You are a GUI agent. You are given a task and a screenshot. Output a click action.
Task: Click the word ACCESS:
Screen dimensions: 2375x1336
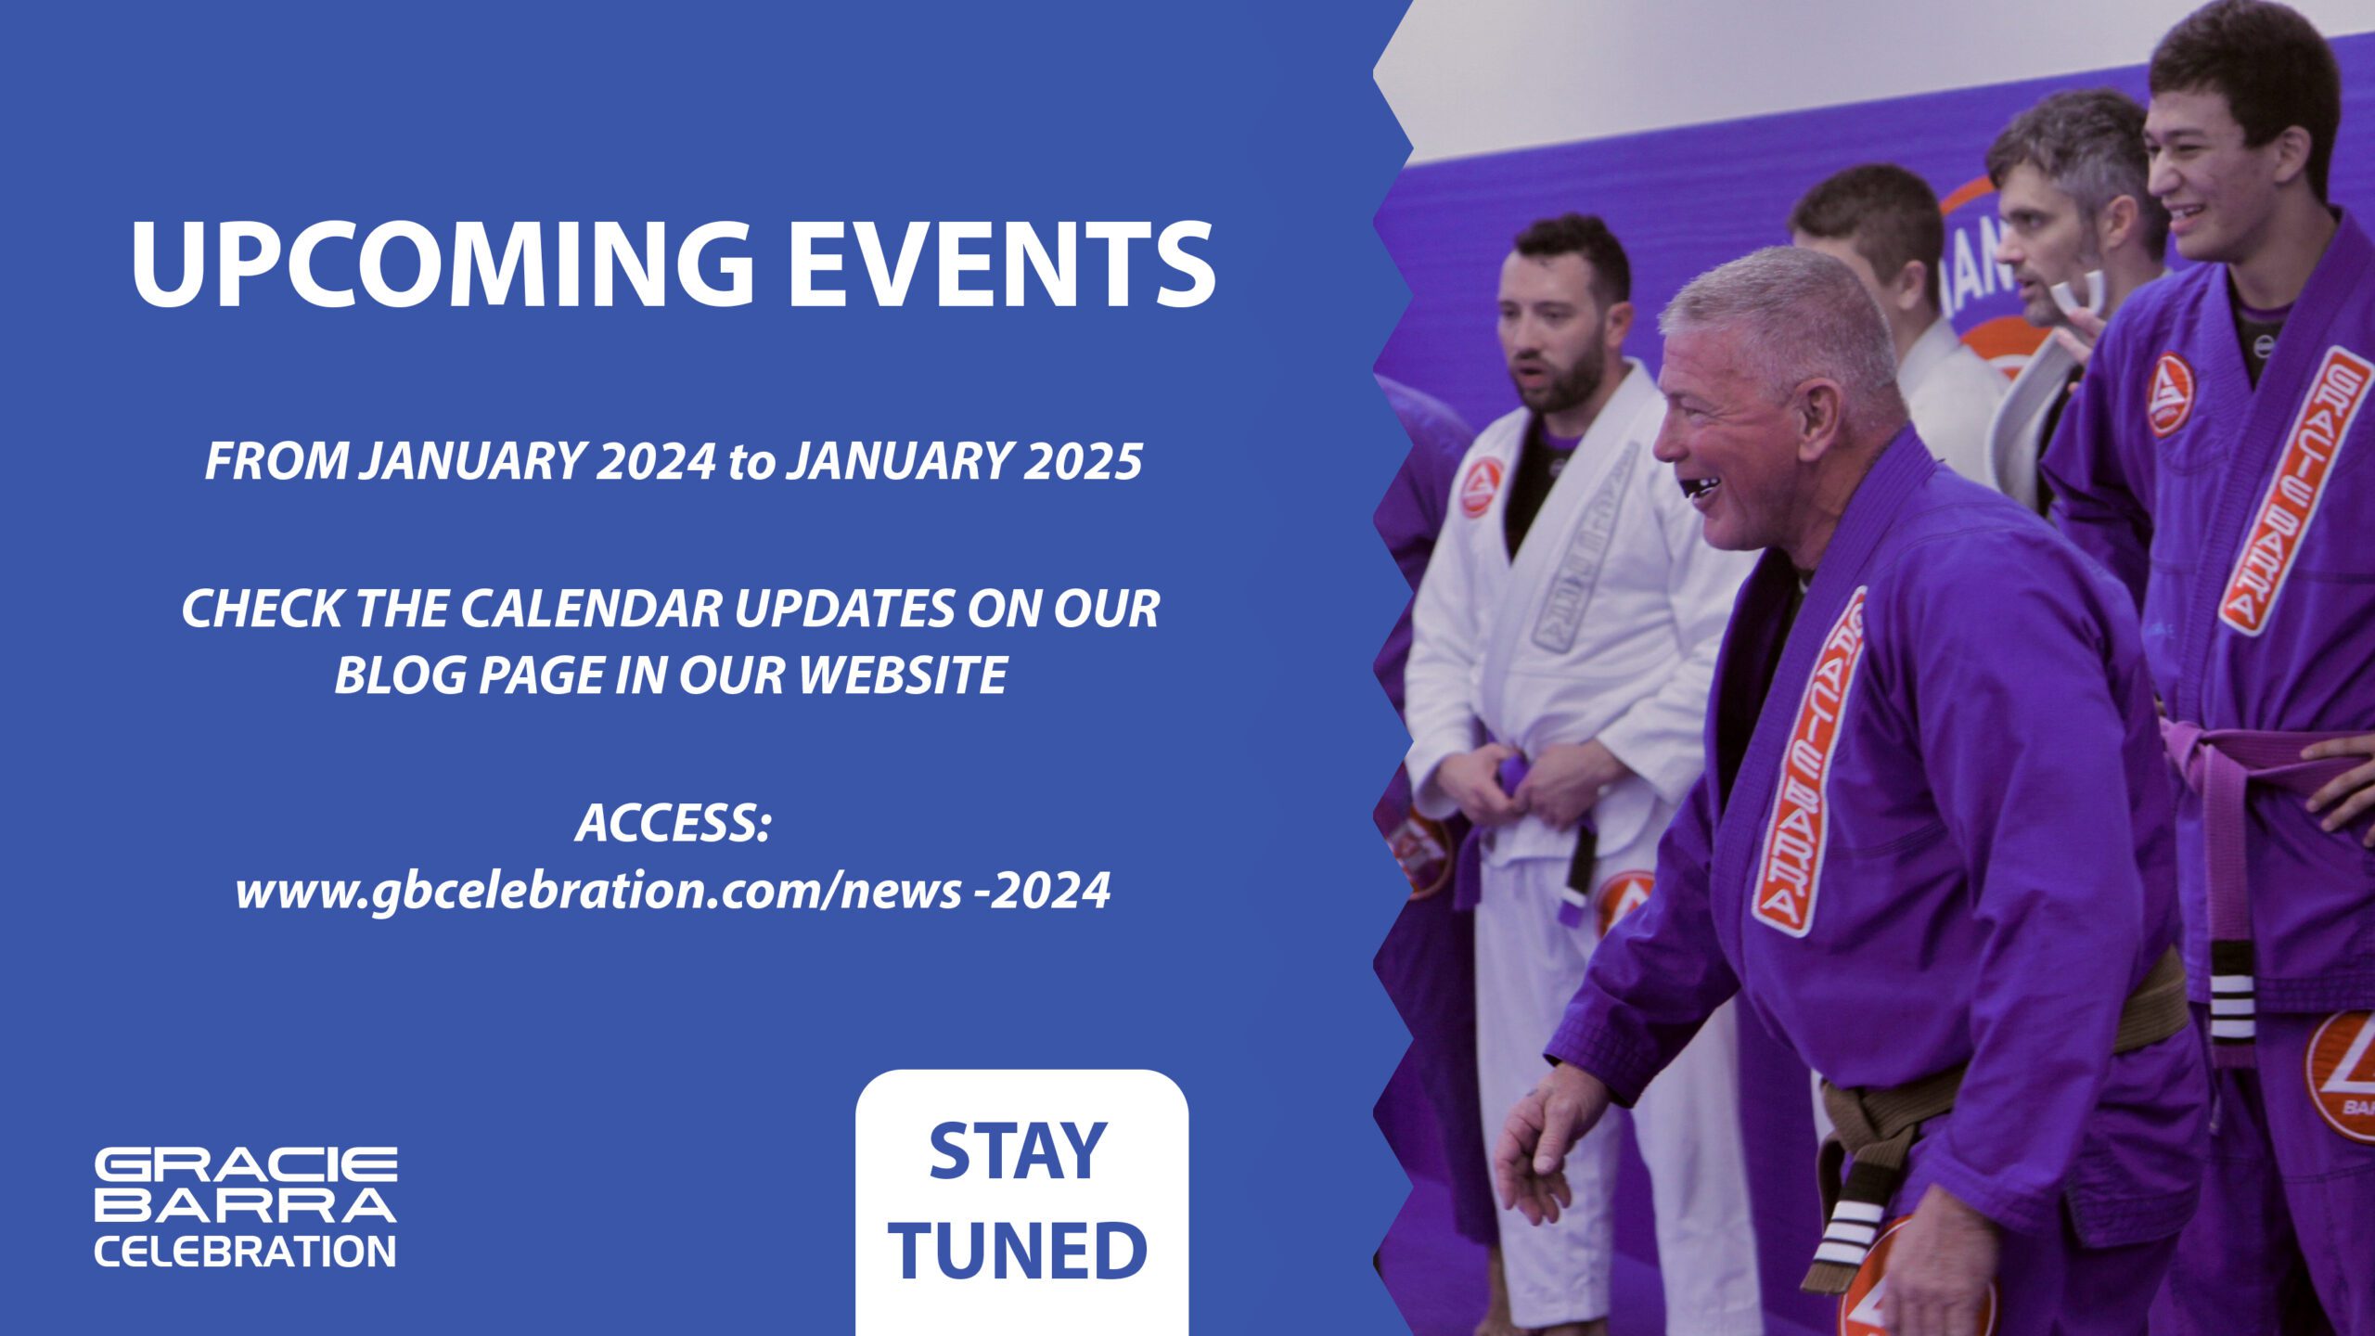click(674, 824)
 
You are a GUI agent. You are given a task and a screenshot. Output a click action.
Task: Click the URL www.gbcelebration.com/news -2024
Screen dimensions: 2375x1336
click(674, 892)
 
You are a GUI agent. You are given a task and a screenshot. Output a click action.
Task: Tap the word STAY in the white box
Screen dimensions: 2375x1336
click(1018, 1151)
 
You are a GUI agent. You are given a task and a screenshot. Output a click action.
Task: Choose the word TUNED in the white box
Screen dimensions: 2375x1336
click(1021, 1250)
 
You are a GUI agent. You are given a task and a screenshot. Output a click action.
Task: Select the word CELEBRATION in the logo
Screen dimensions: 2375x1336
click(246, 1252)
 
